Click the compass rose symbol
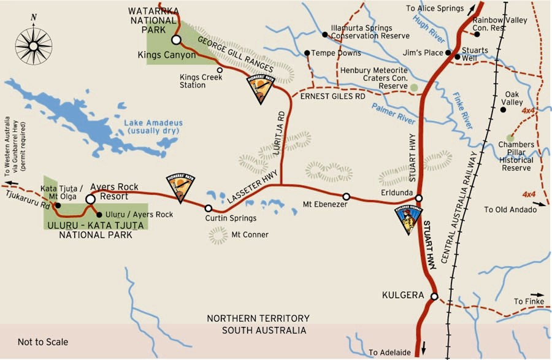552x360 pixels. click(34, 45)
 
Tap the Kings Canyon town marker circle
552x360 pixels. click(176, 40)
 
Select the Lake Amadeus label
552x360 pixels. click(153, 127)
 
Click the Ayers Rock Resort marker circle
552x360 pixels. click(90, 199)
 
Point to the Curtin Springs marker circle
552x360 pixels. click(209, 209)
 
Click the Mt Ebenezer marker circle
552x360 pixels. click(346, 197)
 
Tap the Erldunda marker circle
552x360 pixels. click(419, 198)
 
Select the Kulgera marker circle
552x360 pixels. click(434, 297)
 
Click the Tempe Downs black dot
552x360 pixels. click(307, 53)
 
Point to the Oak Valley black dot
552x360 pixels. click(503, 110)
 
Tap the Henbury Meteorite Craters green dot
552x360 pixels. click(415, 88)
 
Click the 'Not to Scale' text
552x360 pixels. click(43, 342)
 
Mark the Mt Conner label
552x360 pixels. click(250, 234)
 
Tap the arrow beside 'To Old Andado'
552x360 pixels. click(533, 209)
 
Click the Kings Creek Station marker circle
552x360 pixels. click(220, 70)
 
